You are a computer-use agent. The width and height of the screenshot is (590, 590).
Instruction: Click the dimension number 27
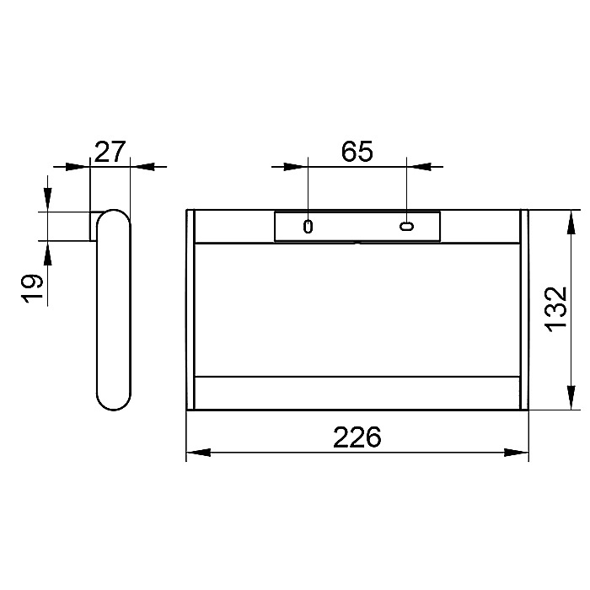[109, 152]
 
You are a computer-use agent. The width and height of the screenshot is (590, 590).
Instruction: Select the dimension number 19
[32, 288]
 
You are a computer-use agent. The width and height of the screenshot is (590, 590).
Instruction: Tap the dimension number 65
[357, 151]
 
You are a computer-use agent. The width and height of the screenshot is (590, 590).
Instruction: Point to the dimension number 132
[556, 309]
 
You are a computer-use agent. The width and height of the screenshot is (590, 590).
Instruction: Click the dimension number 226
[357, 437]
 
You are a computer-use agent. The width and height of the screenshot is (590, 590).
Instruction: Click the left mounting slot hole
[308, 227]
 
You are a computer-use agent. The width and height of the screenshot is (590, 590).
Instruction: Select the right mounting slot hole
[407, 226]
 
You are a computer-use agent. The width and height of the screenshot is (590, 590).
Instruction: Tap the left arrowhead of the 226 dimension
[198, 453]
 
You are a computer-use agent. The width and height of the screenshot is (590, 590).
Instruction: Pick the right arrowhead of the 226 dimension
[516, 453]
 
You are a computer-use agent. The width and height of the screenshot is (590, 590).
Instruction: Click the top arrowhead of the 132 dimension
[571, 223]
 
